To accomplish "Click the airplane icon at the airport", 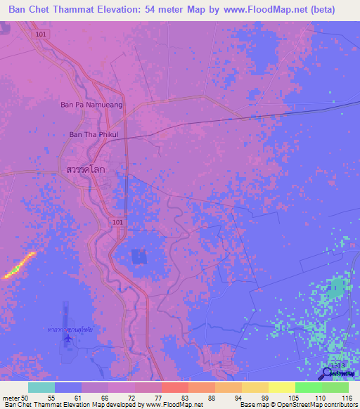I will click(67, 339).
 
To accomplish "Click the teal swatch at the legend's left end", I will click(41, 387).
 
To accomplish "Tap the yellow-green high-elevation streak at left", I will click(19, 266).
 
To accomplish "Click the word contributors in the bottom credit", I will click(338, 405).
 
